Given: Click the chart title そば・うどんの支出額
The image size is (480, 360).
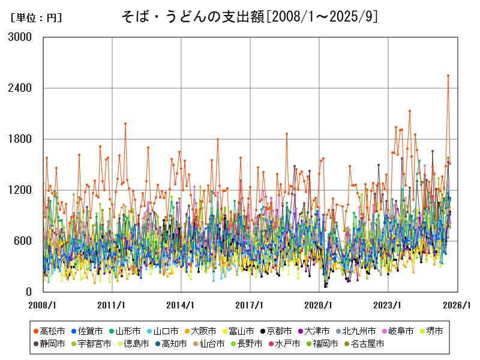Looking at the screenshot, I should click(240, 17).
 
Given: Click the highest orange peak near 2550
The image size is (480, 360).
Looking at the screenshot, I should click(448, 76).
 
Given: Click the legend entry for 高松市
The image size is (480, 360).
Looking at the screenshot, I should click(52, 331).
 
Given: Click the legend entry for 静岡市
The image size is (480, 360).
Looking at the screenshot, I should click(52, 344).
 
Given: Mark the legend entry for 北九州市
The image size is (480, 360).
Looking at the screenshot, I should click(359, 331).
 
